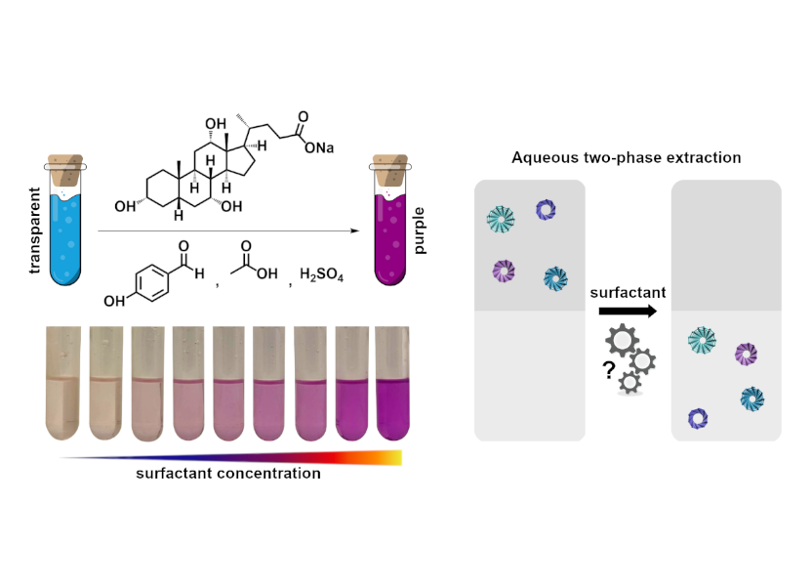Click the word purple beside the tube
pos(419,230)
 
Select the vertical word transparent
pos(34,230)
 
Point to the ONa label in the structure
pos(319,148)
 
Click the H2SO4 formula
pos(321,273)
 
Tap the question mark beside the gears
pos(609,370)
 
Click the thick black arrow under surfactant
pos(628,312)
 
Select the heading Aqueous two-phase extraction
pos(626,157)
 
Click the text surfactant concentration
pos(228,473)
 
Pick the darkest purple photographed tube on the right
pos(392,383)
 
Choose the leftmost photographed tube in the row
pos(62,383)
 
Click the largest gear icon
pos(622,340)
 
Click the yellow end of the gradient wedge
pos(395,458)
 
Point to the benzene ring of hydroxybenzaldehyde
pos(152,282)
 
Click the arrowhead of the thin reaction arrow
pos(355,230)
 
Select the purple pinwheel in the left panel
pos(504,271)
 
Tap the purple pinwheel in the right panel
pos(746,355)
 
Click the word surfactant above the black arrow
pos(628,292)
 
